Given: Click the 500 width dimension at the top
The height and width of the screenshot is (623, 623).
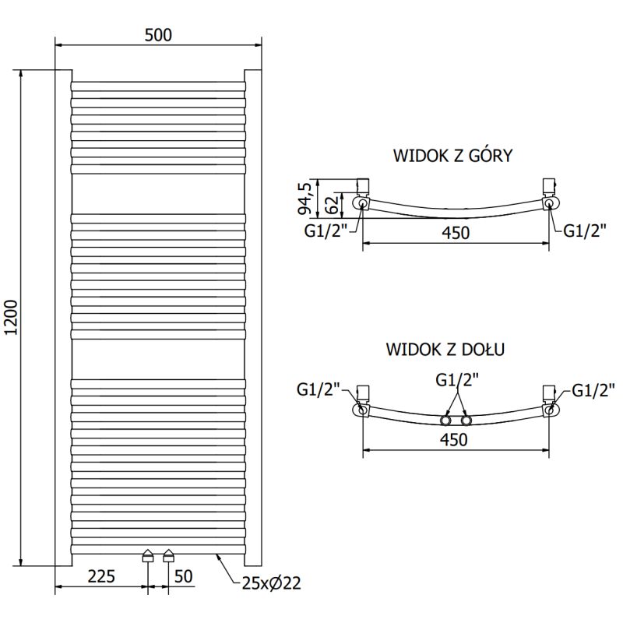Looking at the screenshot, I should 157,34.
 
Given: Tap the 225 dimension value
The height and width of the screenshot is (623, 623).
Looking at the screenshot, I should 101,577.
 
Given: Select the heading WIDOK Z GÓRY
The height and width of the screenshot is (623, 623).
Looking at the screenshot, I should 452,155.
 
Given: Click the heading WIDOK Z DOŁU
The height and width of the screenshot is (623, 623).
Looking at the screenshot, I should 445,349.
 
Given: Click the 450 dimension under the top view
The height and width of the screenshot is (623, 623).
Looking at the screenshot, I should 456,233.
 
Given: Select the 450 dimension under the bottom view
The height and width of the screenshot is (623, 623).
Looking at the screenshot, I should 453,439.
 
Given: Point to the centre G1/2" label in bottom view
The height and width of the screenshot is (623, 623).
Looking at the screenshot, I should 457,379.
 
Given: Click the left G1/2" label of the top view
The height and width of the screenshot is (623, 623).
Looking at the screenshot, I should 326,231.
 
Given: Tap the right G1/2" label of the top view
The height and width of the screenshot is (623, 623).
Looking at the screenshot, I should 585,231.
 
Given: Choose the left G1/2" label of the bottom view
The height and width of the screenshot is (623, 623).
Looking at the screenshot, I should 319,389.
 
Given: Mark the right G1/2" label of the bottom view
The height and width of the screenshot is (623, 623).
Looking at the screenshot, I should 594,390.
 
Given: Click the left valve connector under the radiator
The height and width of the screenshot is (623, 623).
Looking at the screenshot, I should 148,556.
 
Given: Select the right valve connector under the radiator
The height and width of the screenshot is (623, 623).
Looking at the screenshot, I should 168,556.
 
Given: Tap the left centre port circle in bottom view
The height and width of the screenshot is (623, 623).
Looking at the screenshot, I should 446,421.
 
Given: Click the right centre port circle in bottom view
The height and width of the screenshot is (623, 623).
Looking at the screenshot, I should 466,421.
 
